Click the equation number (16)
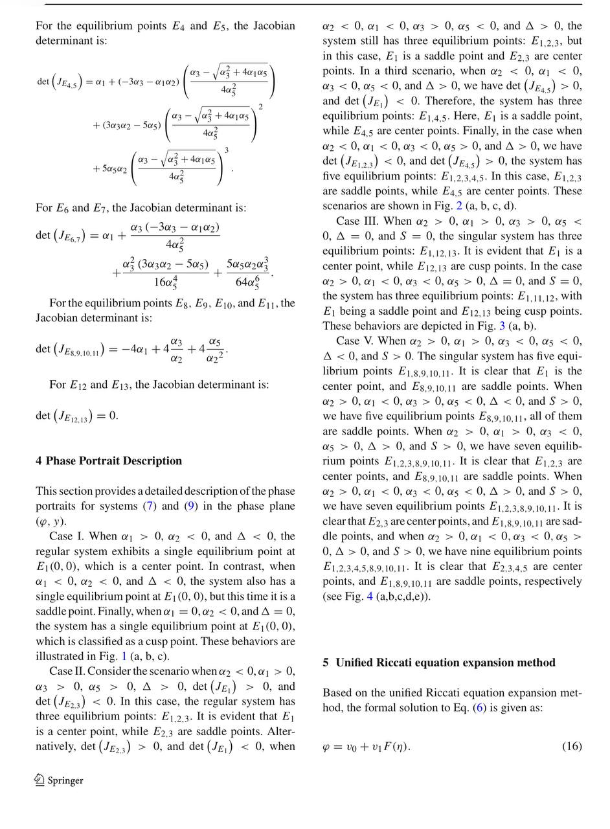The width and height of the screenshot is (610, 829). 572,747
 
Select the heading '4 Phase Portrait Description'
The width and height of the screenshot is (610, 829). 109,461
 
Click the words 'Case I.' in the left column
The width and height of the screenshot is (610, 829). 67,536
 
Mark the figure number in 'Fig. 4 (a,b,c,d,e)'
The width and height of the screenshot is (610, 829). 370,596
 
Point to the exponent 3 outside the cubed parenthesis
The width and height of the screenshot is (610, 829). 227,150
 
